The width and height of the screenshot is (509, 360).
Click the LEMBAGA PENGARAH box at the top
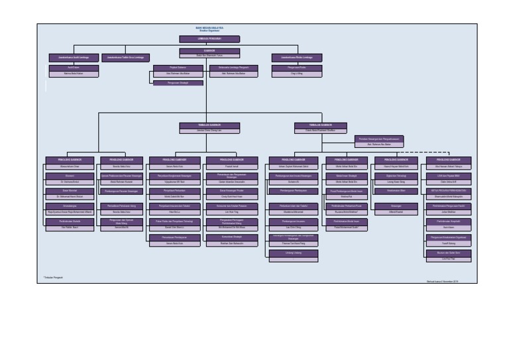coord(209,39)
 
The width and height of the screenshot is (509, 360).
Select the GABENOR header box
coord(209,50)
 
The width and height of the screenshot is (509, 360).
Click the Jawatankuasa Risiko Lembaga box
coord(292,58)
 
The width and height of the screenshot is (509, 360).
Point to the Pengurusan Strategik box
coord(174,84)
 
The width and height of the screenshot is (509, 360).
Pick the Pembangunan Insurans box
coord(288,221)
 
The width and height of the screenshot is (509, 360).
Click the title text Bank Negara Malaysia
coord(209,28)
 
